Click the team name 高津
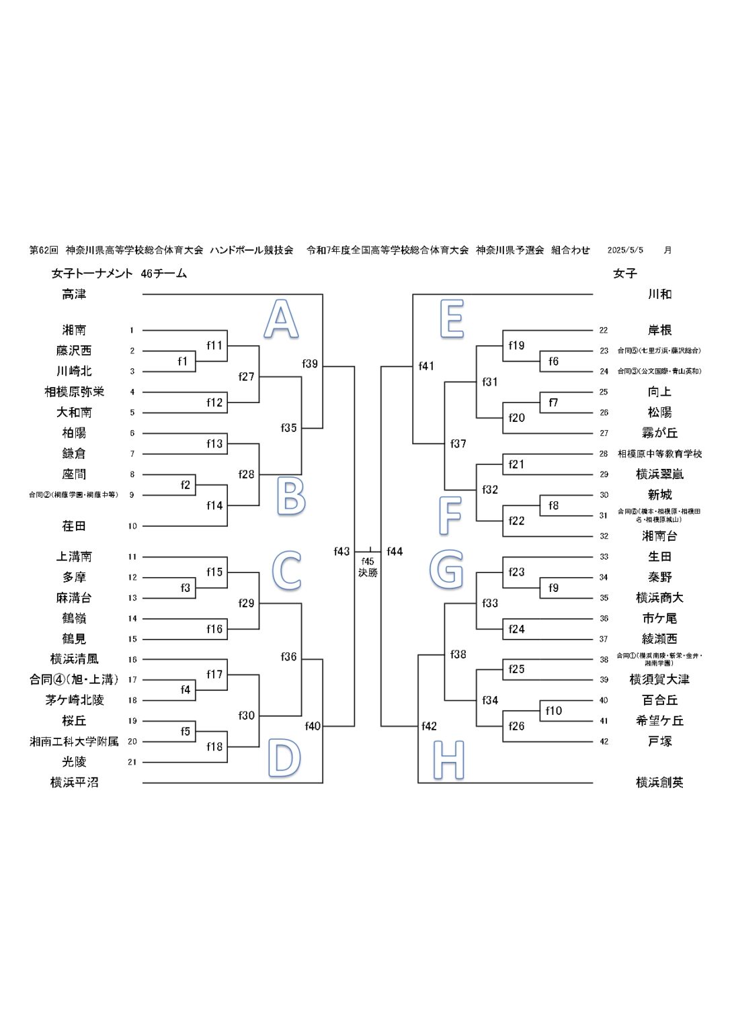click(74, 294)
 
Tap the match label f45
click(368, 562)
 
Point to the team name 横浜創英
click(659, 782)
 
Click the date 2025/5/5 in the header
click(625, 250)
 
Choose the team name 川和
click(659, 294)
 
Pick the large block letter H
click(448, 760)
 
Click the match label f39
click(310, 364)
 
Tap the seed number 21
click(132, 762)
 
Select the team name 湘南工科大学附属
click(74, 741)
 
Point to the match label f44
click(395, 552)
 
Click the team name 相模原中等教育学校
click(659, 454)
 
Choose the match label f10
click(553, 711)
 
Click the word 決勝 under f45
click(368, 573)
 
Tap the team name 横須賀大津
click(659, 679)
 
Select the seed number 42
click(604, 742)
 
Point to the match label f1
click(183, 361)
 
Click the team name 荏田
click(74, 526)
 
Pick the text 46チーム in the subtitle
click(164, 273)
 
